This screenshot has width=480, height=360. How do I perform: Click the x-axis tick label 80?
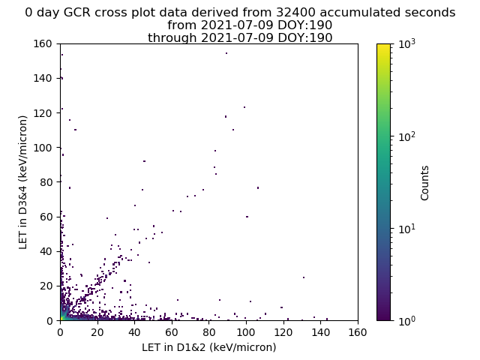click(x=208, y=332)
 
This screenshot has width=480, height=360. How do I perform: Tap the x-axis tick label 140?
click(x=320, y=332)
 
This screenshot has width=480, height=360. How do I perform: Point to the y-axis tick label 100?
click(x=43, y=148)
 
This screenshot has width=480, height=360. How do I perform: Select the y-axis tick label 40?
click(x=46, y=251)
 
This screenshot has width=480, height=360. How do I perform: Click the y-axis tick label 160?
click(x=43, y=43)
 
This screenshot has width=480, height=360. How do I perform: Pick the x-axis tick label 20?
click(x=97, y=332)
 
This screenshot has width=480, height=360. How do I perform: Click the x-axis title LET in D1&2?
click(x=209, y=347)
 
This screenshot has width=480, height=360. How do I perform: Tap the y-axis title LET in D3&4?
click(x=23, y=182)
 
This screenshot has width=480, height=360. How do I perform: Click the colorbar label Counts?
click(x=424, y=183)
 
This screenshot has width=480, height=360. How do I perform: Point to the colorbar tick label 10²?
click(x=407, y=136)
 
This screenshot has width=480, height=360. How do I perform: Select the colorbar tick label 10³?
click(x=407, y=43)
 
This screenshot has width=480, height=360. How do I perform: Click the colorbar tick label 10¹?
click(x=407, y=228)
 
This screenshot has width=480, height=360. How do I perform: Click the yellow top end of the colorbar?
click(x=383, y=45)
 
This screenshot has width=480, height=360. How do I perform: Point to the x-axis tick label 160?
click(x=358, y=332)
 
